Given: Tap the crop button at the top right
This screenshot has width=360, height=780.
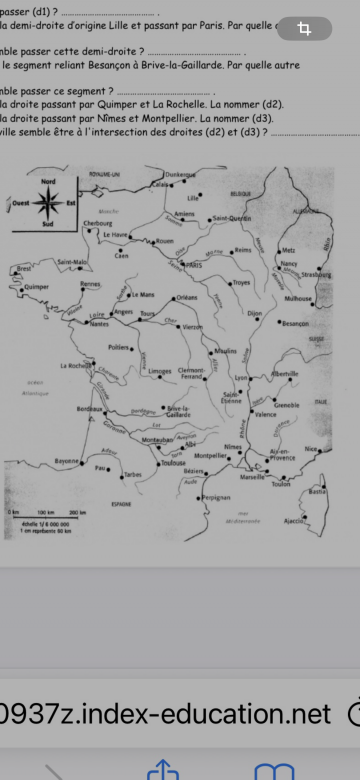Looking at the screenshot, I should click(x=305, y=29).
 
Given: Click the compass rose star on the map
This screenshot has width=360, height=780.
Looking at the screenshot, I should click(x=48, y=204).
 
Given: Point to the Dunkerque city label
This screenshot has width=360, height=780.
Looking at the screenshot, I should click(x=180, y=175).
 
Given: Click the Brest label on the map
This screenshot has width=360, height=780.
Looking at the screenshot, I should click(x=25, y=269).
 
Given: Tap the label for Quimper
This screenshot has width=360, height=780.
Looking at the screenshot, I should click(x=37, y=286).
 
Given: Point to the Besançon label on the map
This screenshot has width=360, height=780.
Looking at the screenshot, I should click(x=296, y=324).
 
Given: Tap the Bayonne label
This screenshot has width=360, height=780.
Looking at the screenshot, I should click(x=67, y=461).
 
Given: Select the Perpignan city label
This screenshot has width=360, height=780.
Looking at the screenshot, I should click(x=215, y=497).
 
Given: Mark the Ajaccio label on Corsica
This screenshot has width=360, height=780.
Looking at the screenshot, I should click(x=294, y=521).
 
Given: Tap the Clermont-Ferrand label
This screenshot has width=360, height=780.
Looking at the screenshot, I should click(x=192, y=373).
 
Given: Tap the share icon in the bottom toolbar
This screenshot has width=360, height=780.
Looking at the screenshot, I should click(x=161, y=769).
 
